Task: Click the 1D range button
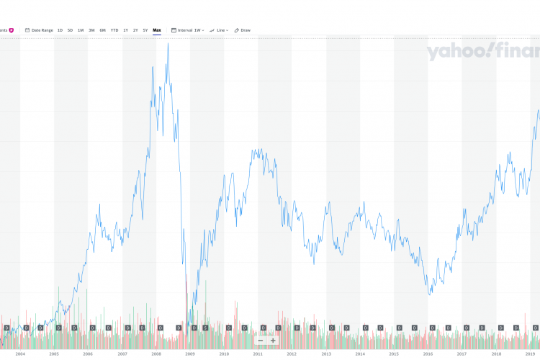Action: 60,30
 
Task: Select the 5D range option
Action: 70,30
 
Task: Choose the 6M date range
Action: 102,30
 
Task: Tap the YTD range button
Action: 114,30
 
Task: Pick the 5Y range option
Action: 145,30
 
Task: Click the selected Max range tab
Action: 157,30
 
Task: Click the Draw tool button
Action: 243,30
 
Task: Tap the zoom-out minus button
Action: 261,341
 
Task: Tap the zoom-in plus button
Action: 273,341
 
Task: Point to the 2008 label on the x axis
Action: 156,354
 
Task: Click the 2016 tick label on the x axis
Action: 428,354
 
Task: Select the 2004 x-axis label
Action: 20,354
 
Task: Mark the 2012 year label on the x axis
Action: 292,354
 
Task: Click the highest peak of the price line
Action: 168,44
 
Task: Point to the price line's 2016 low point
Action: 431,294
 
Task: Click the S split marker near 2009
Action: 206,328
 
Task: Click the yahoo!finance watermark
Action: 482,52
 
